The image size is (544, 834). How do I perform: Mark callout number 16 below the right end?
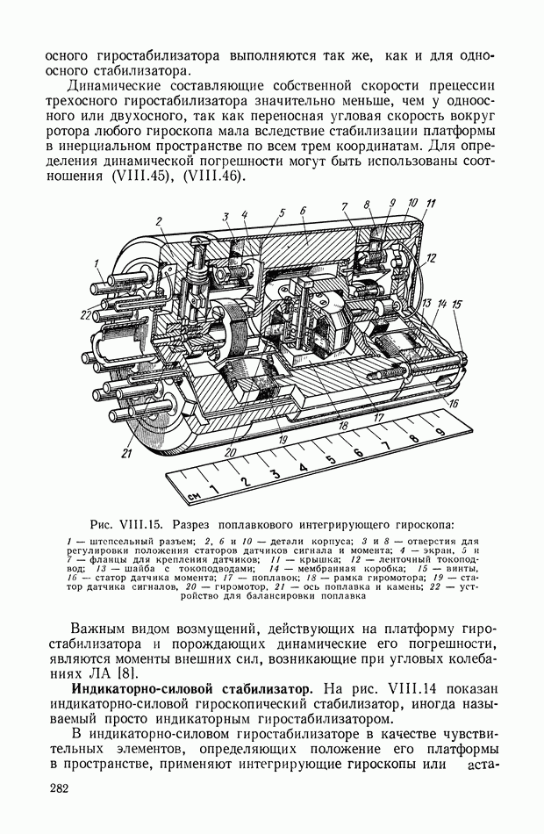tap(453, 403)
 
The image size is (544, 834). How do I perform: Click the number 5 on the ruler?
tap(330, 464)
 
